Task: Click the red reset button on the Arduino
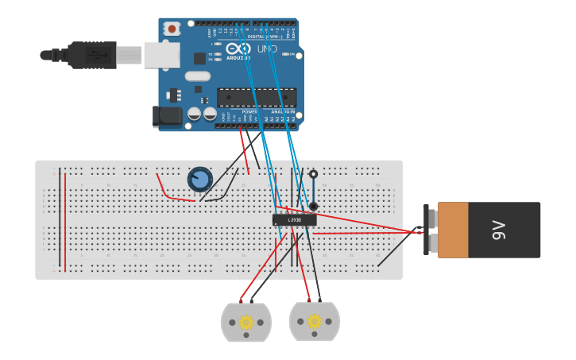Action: (171, 28)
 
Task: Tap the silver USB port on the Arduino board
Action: (161, 55)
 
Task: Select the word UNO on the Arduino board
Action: (267, 50)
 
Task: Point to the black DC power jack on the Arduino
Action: (168, 116)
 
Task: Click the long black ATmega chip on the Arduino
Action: (257, 97)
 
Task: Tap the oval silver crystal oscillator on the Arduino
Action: (197, 76)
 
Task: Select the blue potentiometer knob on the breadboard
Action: (200, 180)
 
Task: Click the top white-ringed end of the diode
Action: (313, 174)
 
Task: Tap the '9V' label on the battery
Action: (499, 230)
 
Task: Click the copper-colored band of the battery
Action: (453, 230)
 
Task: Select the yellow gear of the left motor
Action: (246, 322)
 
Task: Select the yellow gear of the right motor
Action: (315, 321)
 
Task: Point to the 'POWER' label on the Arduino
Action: (249, 112)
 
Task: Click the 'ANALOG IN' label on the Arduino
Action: (281, 112)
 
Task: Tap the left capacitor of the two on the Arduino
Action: (195, 114)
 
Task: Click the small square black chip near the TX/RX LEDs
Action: (199, 58)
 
